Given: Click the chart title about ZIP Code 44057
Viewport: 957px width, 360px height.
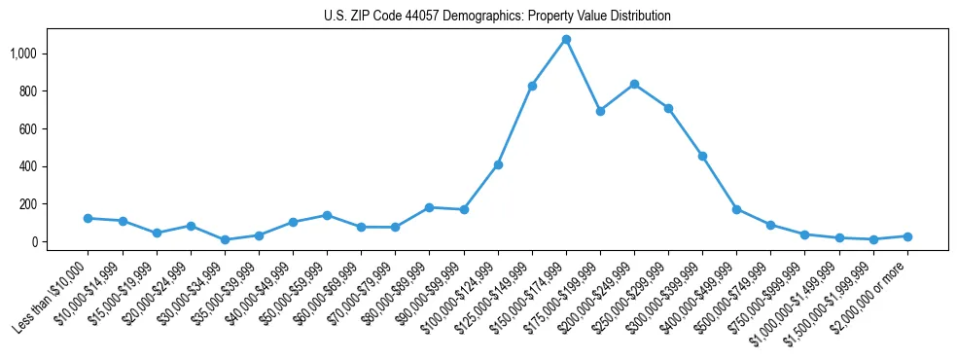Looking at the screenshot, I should pyautogui.click(x=497, y=17).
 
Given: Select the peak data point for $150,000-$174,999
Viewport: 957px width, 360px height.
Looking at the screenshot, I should pyautogui.click(x=566, y=39).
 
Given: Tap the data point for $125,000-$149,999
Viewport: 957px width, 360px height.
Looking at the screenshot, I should pyautogui.click(x=532, y=86).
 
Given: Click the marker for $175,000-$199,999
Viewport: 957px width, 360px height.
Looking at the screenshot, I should pyautogui.click(x=600, y=111).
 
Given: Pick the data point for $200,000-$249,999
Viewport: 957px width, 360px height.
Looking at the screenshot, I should pyautogui.click(x=634, y=84).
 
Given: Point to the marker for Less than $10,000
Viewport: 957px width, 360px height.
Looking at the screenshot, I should pyautogui.click(x=88, y=218).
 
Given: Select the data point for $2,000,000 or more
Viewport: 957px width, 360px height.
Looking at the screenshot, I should pyautogui.click(x=907, y=236).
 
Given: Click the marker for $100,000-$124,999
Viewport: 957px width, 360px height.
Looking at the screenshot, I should pyautogui.click(x=498, y=164).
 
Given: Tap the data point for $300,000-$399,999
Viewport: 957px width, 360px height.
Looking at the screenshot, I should pyautogui.click(x=702, y=156).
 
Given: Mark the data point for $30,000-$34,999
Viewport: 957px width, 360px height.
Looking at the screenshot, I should pyautogui.click(x=225, y=239).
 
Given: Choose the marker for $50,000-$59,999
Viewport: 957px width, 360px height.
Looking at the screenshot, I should pyautogui.click(x=327, y=215).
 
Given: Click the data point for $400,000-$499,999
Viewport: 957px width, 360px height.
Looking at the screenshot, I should pyautogui.click(x=736, y=209).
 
